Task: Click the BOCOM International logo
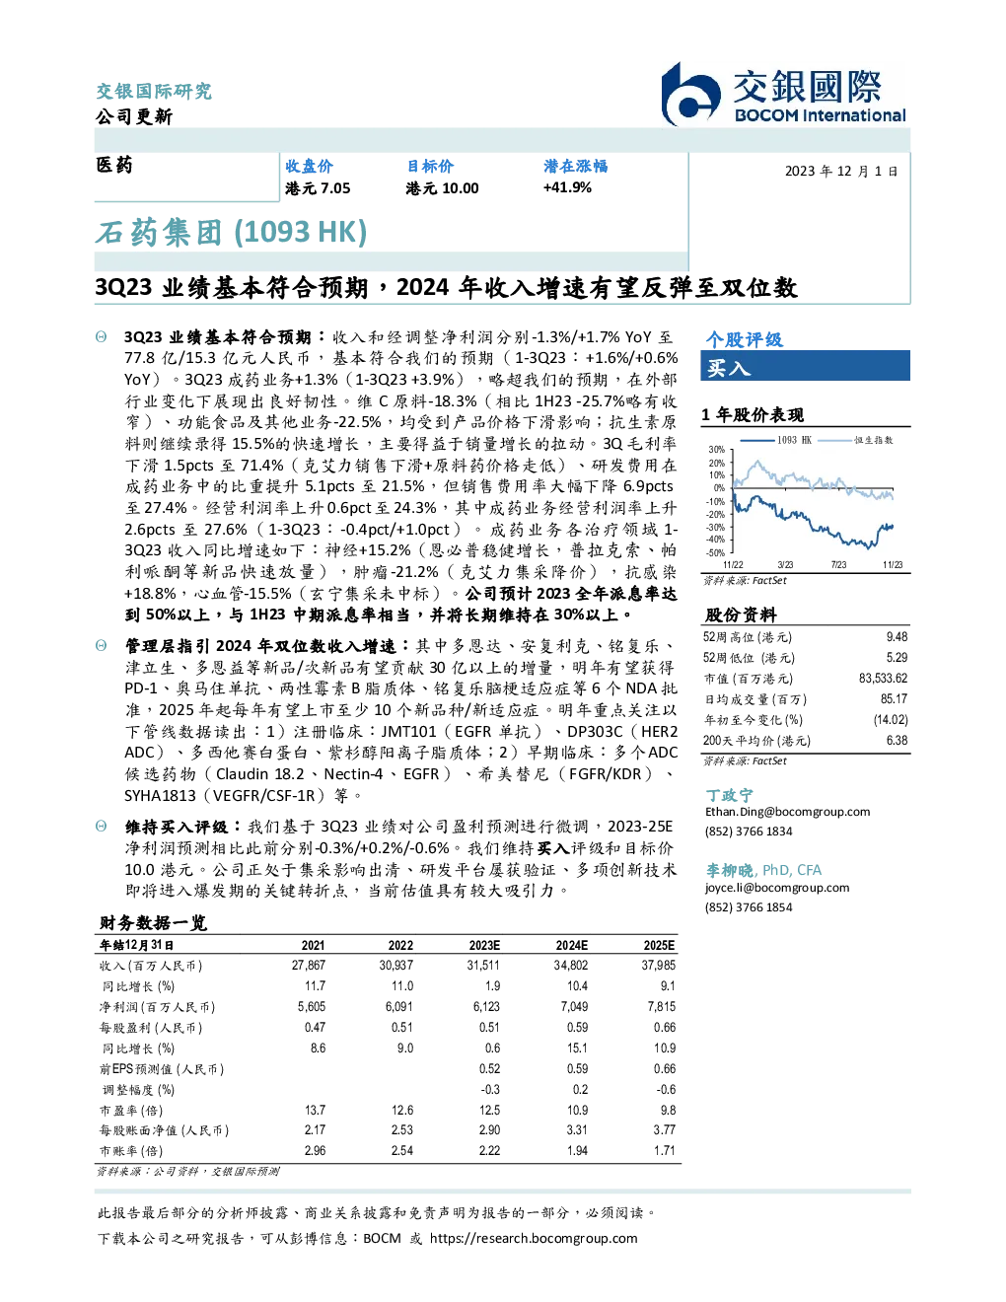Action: [783, 94]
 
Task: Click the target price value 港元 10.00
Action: [442, 188]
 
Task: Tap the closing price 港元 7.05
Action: [318, 188]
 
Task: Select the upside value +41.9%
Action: [567, 187]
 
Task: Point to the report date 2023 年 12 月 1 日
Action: [841, 172]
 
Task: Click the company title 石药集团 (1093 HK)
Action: [231, 233]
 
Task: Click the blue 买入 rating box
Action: [805, 366]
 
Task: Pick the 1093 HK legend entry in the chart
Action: [776, 440]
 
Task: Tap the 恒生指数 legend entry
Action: [856, 440]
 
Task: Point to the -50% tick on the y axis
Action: [715, 553]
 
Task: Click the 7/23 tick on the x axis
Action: [839, 565]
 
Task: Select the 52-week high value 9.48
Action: [897, 637]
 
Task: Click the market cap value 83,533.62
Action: [883, 679]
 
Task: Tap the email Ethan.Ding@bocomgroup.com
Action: [787, 812]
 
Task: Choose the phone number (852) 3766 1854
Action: [749, 907]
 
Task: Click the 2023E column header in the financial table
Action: [484, 946]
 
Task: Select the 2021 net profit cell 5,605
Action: [312, 1007]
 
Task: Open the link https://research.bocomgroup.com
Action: [534, 1238]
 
